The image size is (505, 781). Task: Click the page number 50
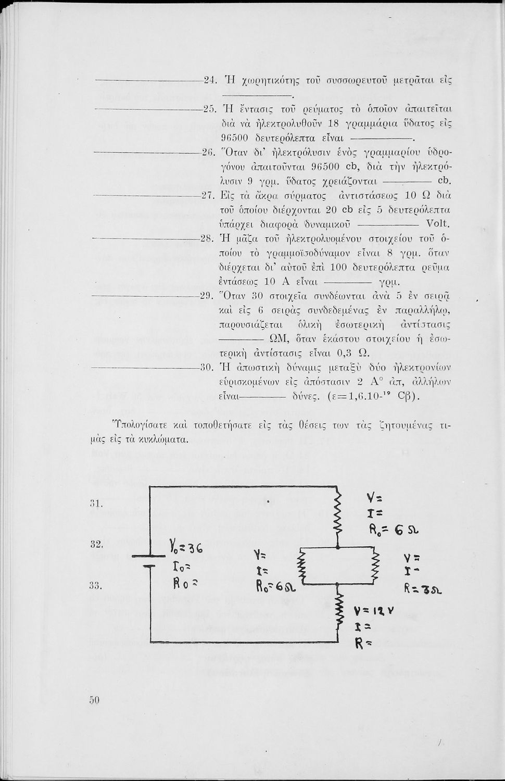[x=94, y=700]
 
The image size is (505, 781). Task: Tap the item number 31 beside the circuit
[x=95, y=503]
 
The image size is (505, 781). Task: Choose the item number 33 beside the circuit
[x=95, y=586]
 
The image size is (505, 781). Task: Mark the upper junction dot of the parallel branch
[x=338, y=547]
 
